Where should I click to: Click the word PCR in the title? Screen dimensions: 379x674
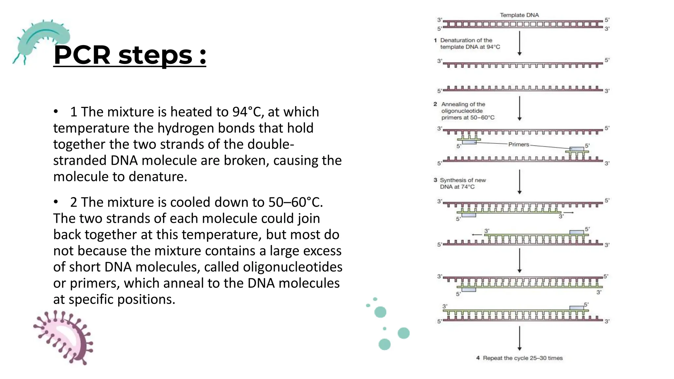point(82,55)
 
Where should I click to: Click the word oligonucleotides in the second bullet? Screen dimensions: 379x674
point(293,267)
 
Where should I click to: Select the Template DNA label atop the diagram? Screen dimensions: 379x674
point(519,15)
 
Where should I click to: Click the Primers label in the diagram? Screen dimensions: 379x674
point(519,144)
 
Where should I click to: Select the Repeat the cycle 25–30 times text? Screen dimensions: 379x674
point(523,358)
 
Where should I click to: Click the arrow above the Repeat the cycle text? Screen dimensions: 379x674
point(519,338)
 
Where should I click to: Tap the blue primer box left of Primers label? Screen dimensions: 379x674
point(469,142)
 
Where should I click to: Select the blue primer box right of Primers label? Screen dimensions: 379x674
point(577,149)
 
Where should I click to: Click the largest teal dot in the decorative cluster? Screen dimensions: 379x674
point(403,333)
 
